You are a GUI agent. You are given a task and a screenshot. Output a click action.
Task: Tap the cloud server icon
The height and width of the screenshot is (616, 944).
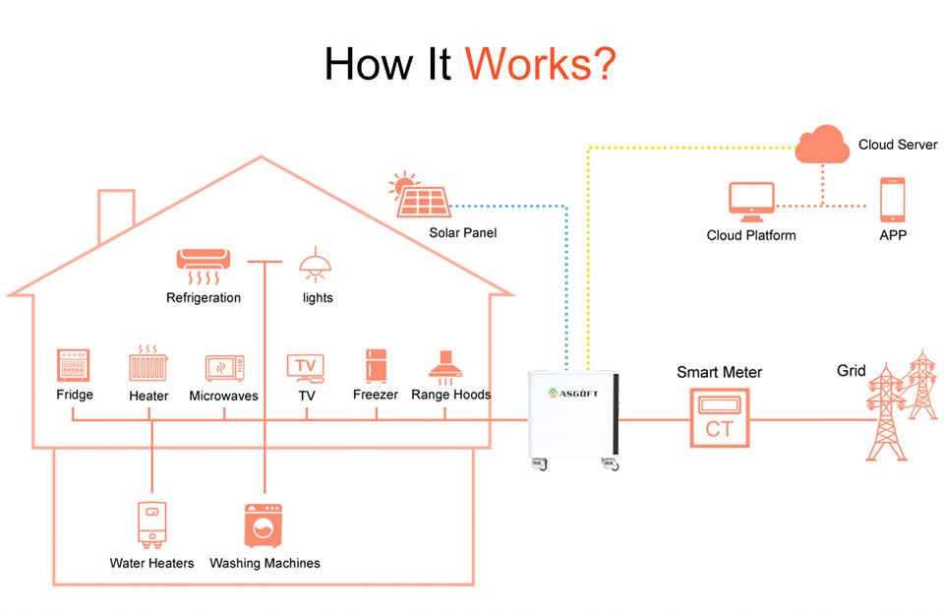click(x=822, y=144)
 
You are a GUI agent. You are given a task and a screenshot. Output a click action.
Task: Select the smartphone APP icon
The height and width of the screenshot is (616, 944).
click(x=892, y=200)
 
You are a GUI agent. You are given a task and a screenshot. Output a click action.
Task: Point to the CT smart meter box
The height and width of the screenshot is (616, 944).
click(x=720, y=417)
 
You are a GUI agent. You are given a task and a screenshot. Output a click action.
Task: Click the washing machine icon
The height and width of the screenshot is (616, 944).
click(x=264, y=525)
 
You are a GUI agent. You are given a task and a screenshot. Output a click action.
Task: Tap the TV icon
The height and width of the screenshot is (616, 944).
click(x=306, y=368)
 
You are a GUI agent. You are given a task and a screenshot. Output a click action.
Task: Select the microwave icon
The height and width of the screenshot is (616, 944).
click(x=224, y=368)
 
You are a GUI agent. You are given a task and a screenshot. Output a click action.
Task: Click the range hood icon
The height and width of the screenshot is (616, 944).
click(x=445, y=367)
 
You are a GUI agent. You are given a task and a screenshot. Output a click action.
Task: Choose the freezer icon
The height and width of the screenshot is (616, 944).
click(x=377, y=366)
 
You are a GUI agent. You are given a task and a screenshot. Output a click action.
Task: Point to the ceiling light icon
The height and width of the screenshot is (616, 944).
click(x=316, y=265)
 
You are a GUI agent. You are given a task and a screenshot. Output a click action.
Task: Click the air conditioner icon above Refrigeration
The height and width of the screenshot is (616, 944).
click(x=203, y=267)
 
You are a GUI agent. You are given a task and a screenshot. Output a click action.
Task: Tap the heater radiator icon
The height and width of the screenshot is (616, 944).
click(x=148, y=363)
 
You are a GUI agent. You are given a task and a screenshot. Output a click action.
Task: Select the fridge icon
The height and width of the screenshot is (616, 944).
click(x=74, y=365)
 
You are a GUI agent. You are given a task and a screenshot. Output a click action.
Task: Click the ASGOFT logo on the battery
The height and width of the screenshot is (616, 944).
click(x=573, y=393)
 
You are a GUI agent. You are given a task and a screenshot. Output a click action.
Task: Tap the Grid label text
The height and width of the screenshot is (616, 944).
click(x=852, y=371)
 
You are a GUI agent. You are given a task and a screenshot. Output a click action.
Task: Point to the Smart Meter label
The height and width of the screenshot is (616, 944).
click(x=720, y=372)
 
